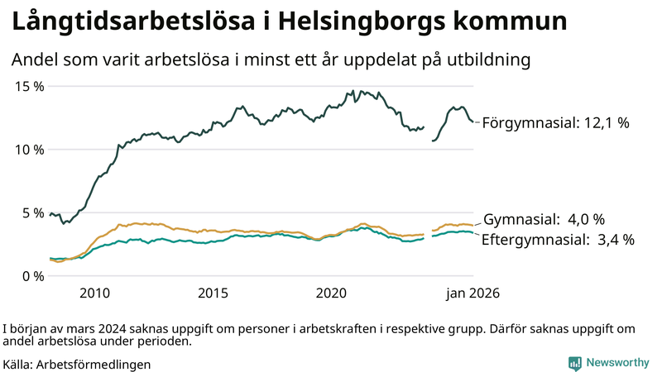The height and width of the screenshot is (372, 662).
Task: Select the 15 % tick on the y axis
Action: [27, 86]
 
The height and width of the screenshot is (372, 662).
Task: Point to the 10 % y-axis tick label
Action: [27, 150]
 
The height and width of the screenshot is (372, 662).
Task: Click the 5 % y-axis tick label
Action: [31, 212]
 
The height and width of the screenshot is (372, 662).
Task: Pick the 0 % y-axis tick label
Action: [31, 276]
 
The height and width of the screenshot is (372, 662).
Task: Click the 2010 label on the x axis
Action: [94, 293]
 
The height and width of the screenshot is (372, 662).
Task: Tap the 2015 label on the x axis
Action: [213, 293]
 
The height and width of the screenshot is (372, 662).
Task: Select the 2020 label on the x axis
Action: [331, 293]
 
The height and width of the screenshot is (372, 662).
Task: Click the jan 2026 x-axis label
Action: [473, 293]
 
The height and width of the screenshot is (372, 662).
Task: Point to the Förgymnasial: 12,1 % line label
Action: [555, 122]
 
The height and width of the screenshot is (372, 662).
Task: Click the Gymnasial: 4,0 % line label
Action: [544, 220]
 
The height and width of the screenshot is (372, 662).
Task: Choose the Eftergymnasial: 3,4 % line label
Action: [559, 240]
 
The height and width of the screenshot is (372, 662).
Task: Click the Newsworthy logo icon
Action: [574, 363]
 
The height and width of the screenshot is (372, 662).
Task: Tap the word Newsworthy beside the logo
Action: [617, 363]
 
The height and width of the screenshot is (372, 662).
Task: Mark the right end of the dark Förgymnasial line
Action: [473, 122]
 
